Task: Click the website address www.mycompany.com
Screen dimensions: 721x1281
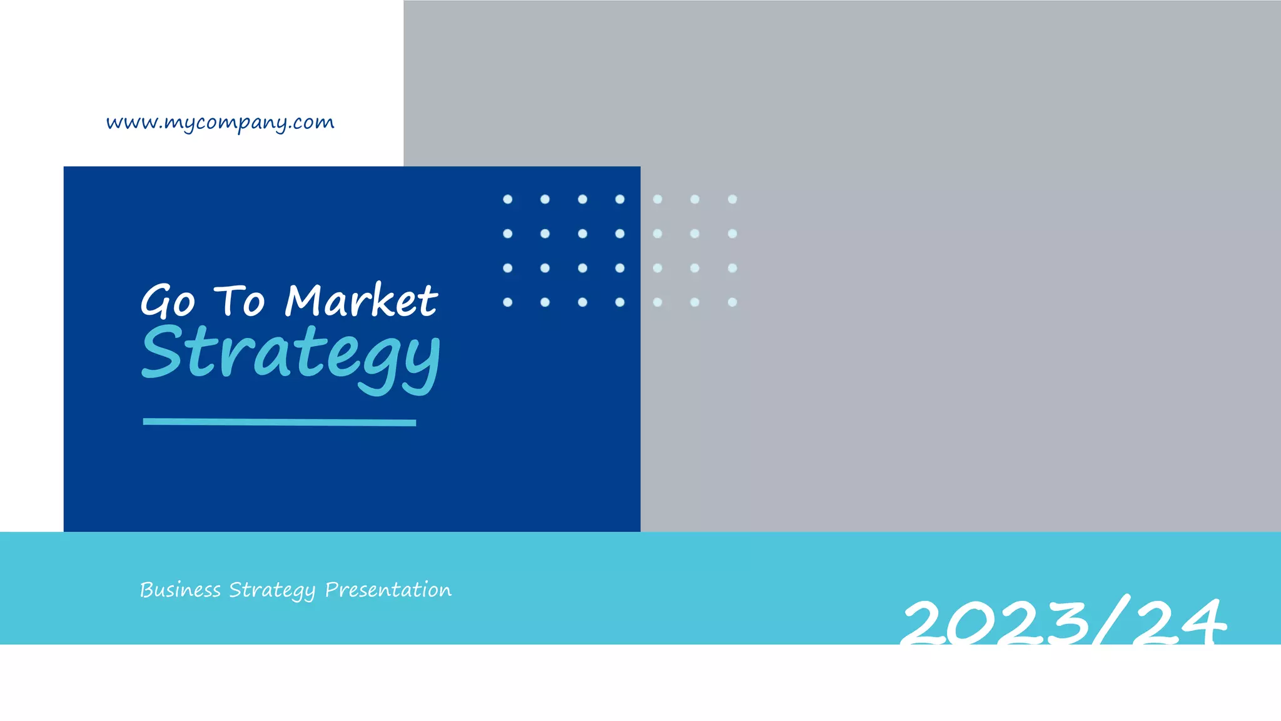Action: (220, 123)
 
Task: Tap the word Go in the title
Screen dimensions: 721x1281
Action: (168, 301)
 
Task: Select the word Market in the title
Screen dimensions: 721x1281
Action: (361, 300)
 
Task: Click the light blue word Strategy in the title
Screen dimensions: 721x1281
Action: (291, 356)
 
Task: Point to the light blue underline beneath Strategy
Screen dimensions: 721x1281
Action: (279, 422)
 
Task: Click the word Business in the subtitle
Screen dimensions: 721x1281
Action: (180, 590)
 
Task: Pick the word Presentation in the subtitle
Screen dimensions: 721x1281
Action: (388, 590)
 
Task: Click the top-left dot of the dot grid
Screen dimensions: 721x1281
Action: (508, 199)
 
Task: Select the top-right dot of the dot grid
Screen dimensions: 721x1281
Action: (732, 199)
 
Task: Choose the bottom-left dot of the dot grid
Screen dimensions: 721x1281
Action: (508, 302)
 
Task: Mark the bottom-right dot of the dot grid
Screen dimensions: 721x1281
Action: (732, 302)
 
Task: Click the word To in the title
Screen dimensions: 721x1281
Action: (240, 301)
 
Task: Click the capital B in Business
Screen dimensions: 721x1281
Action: (147, 590)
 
